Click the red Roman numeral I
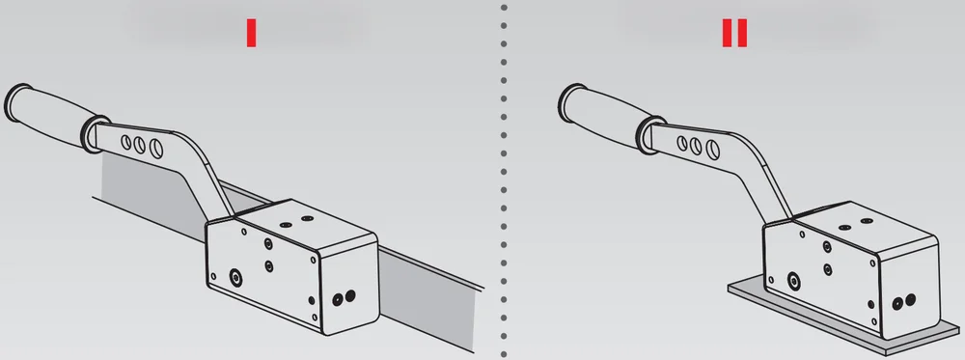[251, 33]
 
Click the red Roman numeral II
[734, 33]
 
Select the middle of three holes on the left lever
[140, 145]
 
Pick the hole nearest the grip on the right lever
[682, 143]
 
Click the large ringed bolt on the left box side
[235, 278]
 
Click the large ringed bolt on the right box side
[793, 281]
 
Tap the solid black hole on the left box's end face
[350, 296]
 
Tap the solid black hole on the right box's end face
[910, 300]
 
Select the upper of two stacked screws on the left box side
[268, 243]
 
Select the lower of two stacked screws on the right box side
[828, 269]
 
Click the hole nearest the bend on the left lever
[155, 148]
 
